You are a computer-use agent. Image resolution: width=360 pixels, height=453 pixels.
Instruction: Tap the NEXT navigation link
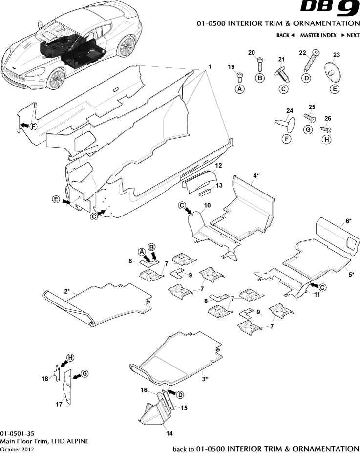tap(350, 35)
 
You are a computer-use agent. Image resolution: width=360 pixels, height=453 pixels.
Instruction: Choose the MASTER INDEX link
tap(318, 35)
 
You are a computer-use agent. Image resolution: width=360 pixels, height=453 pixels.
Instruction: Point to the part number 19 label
tap(232, 66)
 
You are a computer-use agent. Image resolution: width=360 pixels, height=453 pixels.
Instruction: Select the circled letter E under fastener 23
tap(335, 89)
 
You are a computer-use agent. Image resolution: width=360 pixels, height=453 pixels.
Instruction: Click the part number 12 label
tap(218, 166)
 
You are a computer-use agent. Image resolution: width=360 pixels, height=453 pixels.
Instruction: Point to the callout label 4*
tap(256, 175)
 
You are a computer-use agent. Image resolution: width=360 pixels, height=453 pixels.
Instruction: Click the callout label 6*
tap(349, 221)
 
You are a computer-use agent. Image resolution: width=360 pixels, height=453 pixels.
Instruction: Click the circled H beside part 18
tap(70, 358)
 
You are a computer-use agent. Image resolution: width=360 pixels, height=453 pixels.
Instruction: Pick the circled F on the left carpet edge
tap(33, 127)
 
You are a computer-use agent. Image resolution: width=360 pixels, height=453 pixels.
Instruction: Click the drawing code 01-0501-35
tap(18, 433)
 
